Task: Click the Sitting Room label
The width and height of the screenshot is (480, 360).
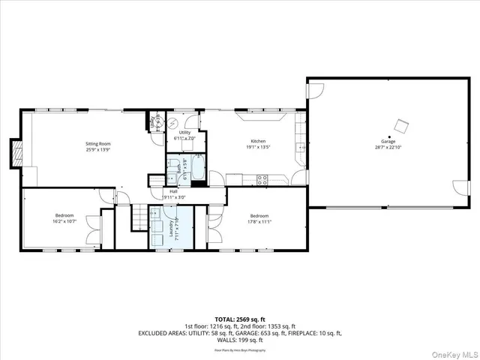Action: [97, 142]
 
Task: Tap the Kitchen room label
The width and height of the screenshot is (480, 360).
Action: [258, 142]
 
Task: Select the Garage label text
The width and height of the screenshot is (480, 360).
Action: [388, 142]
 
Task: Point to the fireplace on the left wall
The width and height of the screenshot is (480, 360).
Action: [15, 153]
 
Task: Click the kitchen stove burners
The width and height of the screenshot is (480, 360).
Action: [262, 179]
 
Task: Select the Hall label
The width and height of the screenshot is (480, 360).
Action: [173, 192]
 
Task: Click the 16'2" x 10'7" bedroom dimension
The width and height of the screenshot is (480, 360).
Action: [64, 221]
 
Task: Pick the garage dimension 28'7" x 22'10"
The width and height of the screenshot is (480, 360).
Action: [388, 148]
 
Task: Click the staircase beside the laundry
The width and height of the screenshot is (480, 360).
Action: [139, 218]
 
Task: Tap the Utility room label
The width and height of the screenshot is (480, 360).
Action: [184, 132]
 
